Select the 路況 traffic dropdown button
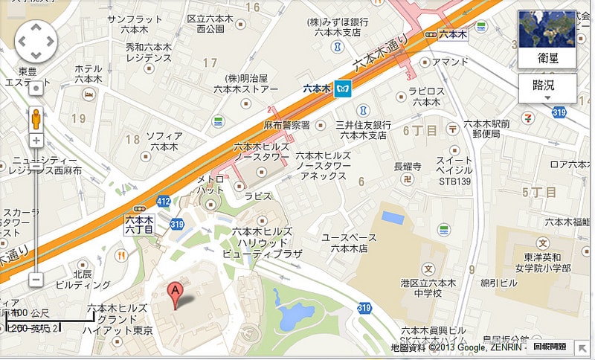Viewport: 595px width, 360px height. pyautogui.click(x=547, y=87)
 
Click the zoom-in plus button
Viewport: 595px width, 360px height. pyautogui.click(x=36, y=141)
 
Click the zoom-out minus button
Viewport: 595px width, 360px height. pyautogui.click(x=36, y=280)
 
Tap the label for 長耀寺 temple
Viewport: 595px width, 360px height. pyautogui.click(x=407, y=166)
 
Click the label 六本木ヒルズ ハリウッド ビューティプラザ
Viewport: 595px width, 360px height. pyautogui.click(x=263, y=242)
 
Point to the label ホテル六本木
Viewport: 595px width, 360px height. pyautogui.click(x=89, y=74)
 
